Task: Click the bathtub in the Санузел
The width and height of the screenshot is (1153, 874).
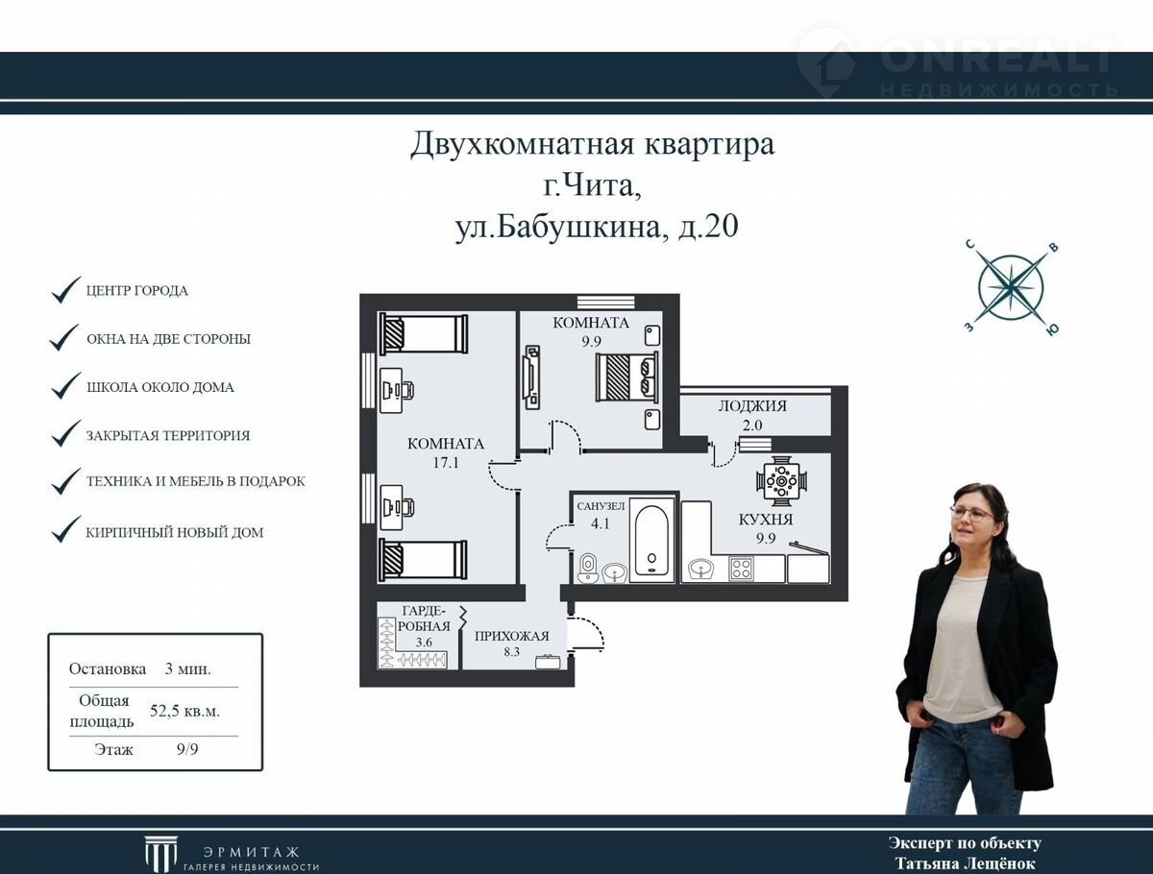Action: click(x=651, y=541)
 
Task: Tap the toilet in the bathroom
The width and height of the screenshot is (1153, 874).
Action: click(x=587, y=568)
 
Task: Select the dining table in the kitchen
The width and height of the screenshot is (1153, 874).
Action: click(x=781, y=481)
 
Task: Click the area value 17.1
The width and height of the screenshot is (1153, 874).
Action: click(x=446, y=463)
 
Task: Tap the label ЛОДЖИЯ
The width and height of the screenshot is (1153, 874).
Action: click(x=752, y=405)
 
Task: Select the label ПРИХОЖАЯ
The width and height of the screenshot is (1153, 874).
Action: click(x=511, y=636)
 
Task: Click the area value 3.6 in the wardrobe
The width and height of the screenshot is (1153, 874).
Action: click(x=424, y=642)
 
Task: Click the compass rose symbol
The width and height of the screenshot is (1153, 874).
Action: click(x=1011, y=288)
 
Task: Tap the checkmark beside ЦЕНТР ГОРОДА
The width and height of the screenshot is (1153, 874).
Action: click(x=65, y=290)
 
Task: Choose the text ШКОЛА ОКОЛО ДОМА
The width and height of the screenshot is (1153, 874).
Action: click(x=160, y=387)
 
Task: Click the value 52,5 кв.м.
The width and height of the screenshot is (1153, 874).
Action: click(x=184, y=711)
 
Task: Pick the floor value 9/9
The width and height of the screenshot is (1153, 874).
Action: click(x=187, y=749)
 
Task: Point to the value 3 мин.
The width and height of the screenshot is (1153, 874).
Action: click(x=187, y=669)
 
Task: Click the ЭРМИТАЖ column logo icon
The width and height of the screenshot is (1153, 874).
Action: click(x=160, y=854)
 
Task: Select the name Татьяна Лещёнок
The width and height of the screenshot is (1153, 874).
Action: click(x=965, y=863)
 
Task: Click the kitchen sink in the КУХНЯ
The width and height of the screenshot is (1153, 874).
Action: click(x=700, y=569)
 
